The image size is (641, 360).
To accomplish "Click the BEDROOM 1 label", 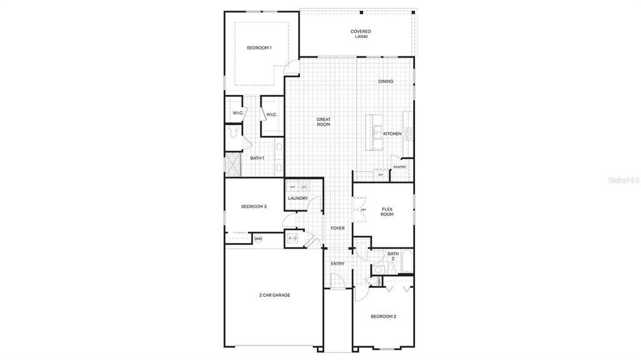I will [x=259, y=48].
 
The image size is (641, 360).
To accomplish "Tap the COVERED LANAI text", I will [x=361, y=34].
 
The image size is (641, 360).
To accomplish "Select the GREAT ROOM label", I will [x=323, y=121].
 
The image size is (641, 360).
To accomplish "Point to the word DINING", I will [x=386, y=81].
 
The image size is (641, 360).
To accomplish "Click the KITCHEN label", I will [x=392, y=134].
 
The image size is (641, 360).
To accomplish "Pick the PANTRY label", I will [x=399, y=167].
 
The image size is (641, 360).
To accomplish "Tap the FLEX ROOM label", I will [x=387, y=212].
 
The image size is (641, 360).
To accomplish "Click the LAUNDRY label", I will [x=297, y=198].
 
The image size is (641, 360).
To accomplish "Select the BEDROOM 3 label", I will [x=254, y=207].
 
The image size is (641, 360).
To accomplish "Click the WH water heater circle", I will [x=258, y=239].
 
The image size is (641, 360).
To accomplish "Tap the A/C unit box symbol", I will [x=292, y=239].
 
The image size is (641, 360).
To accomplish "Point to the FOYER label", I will [x=337, y=229].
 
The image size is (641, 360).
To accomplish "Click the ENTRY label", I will [x=337, y=264].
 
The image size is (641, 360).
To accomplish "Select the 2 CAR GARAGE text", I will [x=274, y=295].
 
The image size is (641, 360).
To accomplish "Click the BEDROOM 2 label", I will [x=383, y=317].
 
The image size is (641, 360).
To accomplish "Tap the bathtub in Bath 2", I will [x=408, y=261].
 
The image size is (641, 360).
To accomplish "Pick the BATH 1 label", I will [x=257, y=158].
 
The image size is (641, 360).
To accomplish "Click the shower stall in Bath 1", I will [x=233, y=164].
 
